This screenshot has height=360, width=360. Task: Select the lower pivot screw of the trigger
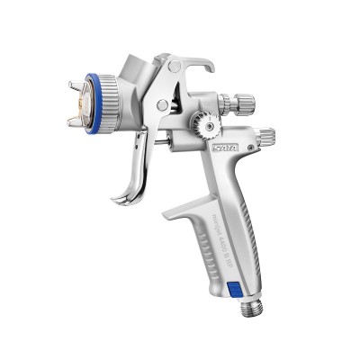coord(163,104)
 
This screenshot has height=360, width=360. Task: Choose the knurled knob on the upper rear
coord(241,103)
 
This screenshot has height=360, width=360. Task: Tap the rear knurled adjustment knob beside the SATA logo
coord(266,138)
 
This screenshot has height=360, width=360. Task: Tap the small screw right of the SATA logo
coord(251,141)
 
